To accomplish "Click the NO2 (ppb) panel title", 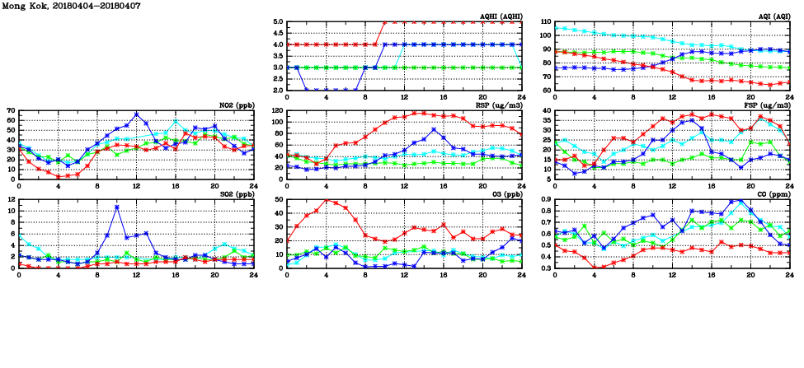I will pyautogui.click(x=234, y=105).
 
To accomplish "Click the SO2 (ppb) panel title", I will pyautogui.click(x=234, y=193).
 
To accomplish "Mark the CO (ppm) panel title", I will pyautogui.click(x=773, y=193).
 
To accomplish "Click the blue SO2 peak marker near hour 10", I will pyautogui.click(x=117, y=207).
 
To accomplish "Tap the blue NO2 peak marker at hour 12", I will pyautogui.click(x=136, y=114).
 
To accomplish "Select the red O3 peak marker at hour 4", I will pyautogui.click(x=327, y=200).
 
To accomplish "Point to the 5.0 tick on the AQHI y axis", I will pyautogui.click(x=278, y=22).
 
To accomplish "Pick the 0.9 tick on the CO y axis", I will pyautogui.click(x=545, y=199).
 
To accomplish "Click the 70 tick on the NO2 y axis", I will pyautogui.click(x=11, y=110).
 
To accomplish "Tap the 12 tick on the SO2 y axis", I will pyautogui.click(x=11, y=199).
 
